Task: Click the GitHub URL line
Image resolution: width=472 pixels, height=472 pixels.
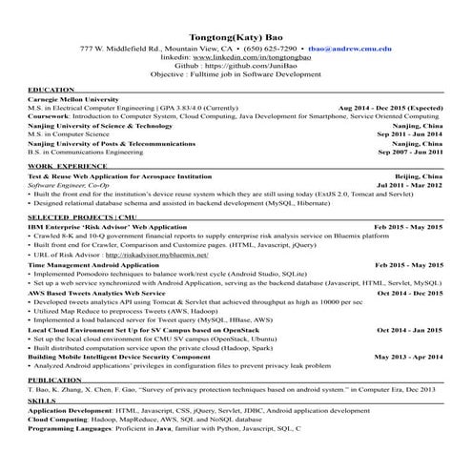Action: [236, 66]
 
